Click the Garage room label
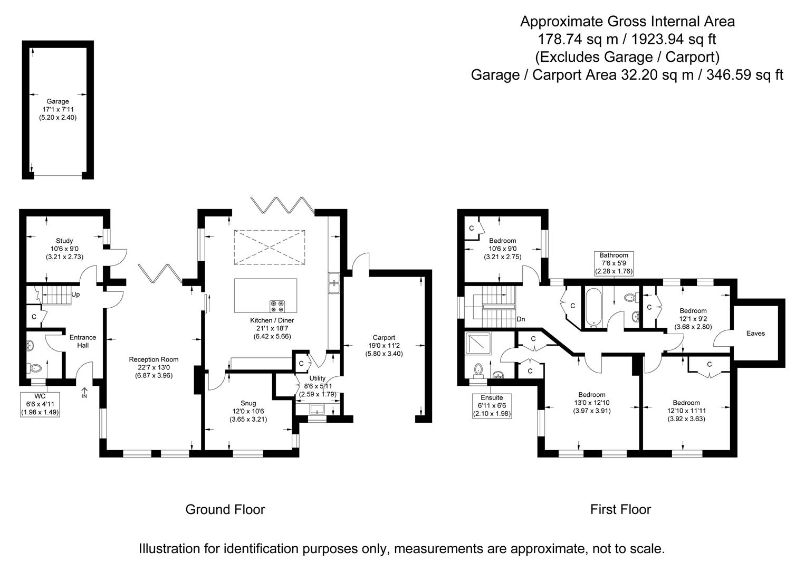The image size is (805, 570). (x=57, y=101)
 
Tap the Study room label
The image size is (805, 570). (x=64, y=241)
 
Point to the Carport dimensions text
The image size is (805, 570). (x=384, y=354)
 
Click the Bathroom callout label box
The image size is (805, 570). (x=614, y=263)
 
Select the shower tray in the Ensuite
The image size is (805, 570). (x=478, y=345)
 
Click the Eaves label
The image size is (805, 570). (x=755, y=333)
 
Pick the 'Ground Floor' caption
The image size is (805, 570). (x=225, y=509)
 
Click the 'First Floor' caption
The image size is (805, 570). (x=620, y=509)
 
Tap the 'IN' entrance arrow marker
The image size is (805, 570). (x=84, y=394)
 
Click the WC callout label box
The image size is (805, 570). (x=40, y=404)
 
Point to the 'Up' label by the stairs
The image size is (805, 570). (x=75, y=294)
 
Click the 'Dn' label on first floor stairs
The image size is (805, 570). (x=521, y=319)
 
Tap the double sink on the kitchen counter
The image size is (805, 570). (x=333, y=282)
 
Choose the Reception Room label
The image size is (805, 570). (x=151, y=359)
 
